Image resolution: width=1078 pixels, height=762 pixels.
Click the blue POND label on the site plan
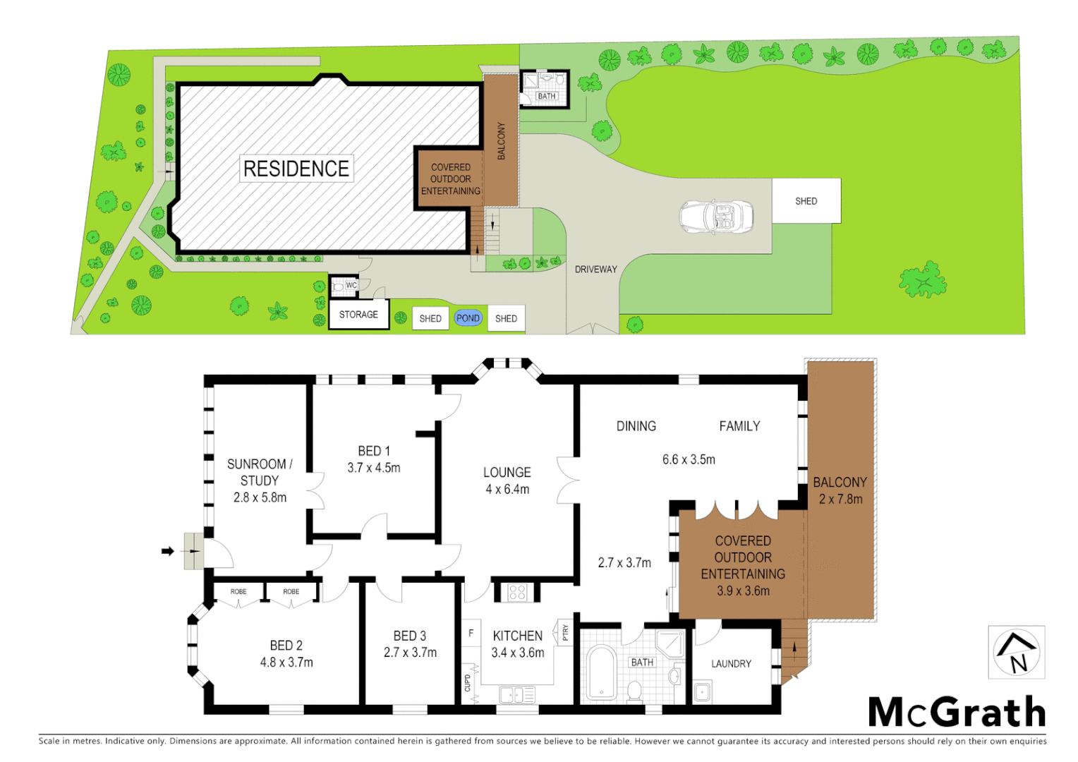(x=468, y=318)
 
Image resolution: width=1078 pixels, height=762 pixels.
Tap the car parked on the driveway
(x=716, y=216)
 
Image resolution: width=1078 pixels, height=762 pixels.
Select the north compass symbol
(x=1016, y=653)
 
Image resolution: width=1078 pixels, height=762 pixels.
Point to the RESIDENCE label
(x=296, y=169)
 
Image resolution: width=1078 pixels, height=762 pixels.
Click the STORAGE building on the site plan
(x=358, y=315)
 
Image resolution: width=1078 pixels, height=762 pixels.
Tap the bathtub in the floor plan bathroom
(x=602, y=672)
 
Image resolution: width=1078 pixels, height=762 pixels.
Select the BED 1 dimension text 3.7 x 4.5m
(x=373, y=468)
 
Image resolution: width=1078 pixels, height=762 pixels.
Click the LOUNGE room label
(x=507, y=473)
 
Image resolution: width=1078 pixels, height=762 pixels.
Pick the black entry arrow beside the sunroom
(x=167, y=551)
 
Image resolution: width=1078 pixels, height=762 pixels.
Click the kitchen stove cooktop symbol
(x=516, y=592)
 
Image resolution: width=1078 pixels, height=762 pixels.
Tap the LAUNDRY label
(x=731, y=664)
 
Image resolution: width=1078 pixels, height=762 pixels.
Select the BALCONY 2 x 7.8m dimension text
(x=840, y=499)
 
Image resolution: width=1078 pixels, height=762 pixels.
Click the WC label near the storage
(x=351, y=285)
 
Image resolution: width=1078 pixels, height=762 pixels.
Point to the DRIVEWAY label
(x=595, y=270)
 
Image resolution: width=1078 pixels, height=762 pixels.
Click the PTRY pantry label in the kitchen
(x=565, y=633)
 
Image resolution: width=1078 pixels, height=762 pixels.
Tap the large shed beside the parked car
(x=806, y=201)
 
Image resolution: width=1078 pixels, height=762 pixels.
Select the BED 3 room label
(x=409, y=636)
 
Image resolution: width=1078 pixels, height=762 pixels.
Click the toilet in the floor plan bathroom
(x=634, y=689)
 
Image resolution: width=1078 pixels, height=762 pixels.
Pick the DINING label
(x=636, y=426)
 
